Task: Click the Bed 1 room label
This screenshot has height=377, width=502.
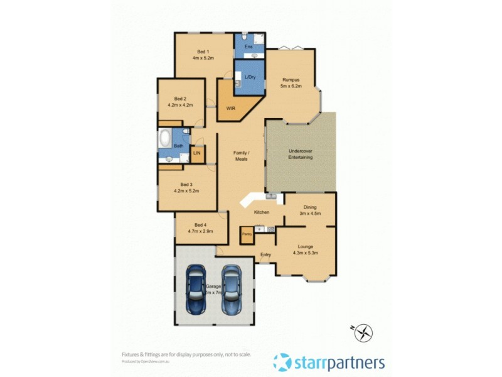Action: pyautogui.click(x=203, y=52)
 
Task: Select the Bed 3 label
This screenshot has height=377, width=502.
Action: pyautogui.click(x=187, y=183)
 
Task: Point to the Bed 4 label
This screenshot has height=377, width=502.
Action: pyautogui.click(x=200, y=225)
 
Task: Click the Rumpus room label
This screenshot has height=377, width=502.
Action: pyautogui.click(x=291, y=80)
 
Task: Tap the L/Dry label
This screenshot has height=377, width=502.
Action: pyautogui.click(x=250, y=77)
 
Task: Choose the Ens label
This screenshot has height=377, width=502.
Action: pyautogui.click(x=248, y=48)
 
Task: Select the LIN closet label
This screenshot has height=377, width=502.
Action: pyautogui.click(x=196, y=153)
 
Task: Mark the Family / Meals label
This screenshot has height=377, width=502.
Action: pyautogui.click(x=241, y=156)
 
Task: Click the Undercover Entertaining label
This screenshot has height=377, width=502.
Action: pyautogui.click(x=301, y=155)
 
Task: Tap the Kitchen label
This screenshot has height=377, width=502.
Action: pyautogui.click(x=261, y=212)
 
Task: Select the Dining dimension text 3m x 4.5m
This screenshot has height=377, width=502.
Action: pyautogui.click(x=310, y=214)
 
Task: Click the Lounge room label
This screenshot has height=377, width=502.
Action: pyautogui.click(x=306, y=247)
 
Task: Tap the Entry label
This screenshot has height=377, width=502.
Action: pyautogui.click(x=266, y=254)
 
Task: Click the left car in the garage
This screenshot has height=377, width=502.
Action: pyautogui.click(x=196, y=290)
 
